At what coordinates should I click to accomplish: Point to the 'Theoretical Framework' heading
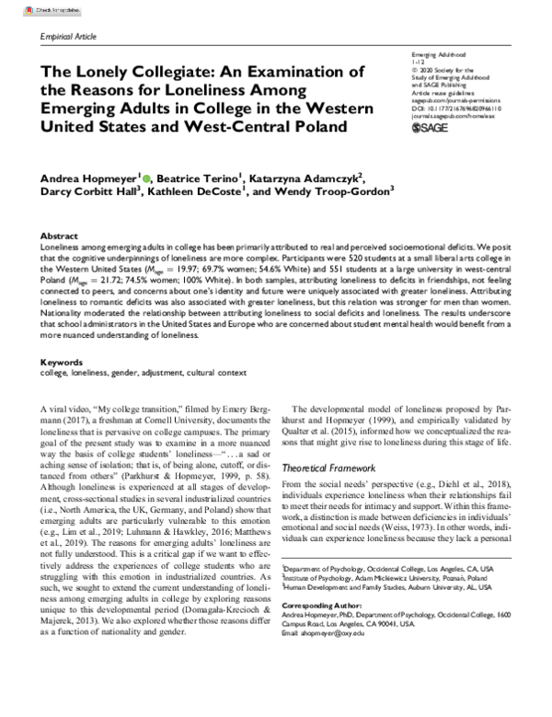[x=333, y=468]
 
